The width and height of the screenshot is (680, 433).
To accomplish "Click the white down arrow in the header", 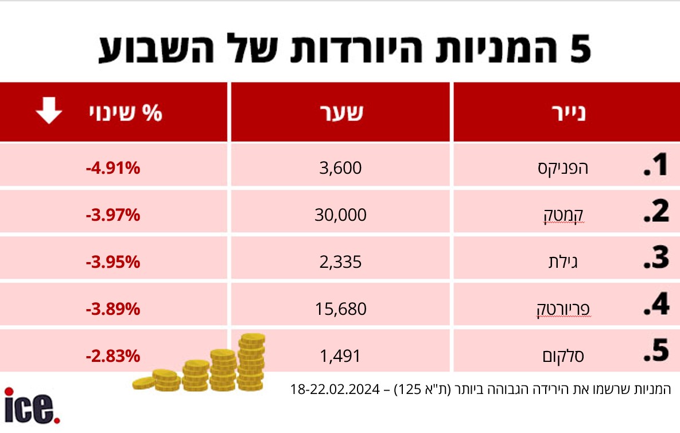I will (49, 111).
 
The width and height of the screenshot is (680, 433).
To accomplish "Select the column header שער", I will (340, 112).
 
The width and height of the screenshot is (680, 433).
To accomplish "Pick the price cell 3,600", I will (340, 168).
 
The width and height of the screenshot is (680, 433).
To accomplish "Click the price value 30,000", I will (340, 215).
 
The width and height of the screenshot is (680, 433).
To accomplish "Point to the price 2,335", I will (340, 262).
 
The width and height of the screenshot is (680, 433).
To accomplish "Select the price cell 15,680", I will (340, 309).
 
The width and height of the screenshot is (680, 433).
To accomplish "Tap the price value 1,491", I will (340, 356).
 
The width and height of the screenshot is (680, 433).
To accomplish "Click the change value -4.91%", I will (114, 169).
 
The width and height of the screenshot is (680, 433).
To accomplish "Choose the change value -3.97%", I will (114, 216).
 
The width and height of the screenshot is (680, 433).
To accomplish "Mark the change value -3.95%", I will (114, 263).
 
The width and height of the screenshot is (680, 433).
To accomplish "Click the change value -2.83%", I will (114, 356).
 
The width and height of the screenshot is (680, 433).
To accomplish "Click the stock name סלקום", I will (563, 356).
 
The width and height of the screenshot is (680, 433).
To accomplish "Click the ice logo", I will (32, 406).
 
